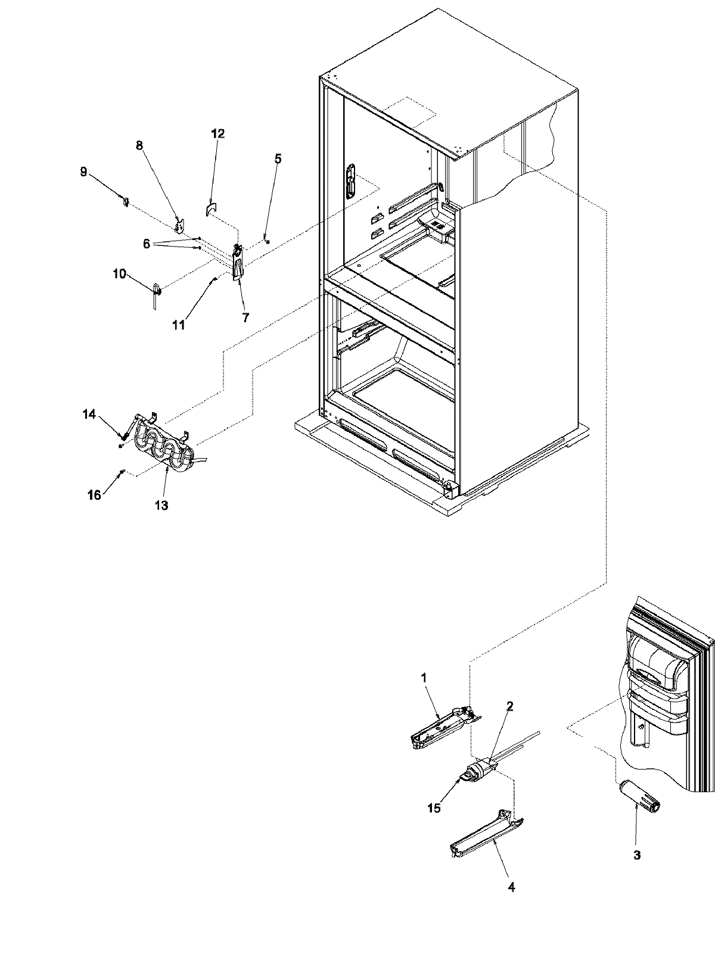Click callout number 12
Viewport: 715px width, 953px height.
(x=217, y=133)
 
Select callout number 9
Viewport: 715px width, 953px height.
(x=83, y=172)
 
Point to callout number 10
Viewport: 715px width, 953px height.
(x=119, y=273)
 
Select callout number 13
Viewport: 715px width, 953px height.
(x=161, y=506)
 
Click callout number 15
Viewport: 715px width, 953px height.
(x=434, y=808)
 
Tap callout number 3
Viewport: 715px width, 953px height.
(x=636, y=855)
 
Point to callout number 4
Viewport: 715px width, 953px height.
(x=511, y=887)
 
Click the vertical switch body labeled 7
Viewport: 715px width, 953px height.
(x=238, y=262)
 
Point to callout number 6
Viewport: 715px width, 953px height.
(x=147, y=244)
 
